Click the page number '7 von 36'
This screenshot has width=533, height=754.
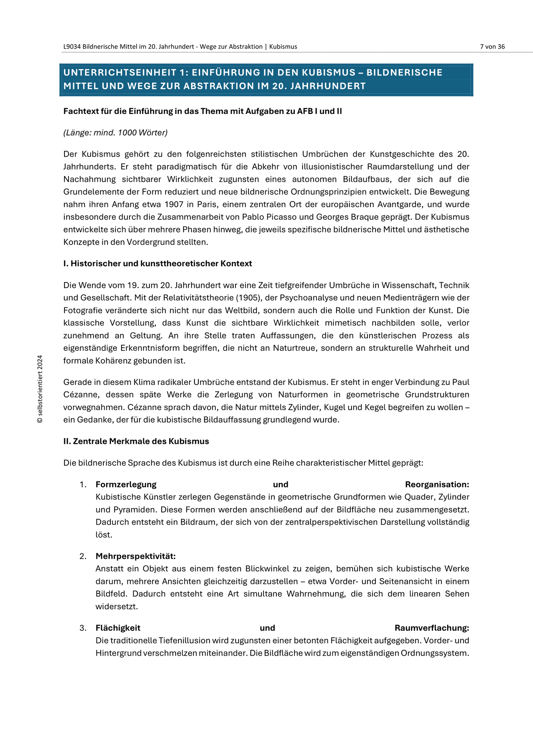492,47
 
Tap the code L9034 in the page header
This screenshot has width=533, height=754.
72,47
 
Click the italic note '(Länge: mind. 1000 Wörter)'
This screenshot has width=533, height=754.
115,133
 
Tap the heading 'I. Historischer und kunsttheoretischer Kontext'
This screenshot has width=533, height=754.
158,264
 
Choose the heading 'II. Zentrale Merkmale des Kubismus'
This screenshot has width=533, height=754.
136,441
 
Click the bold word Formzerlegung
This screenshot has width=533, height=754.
126,485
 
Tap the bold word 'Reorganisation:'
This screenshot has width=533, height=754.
437,485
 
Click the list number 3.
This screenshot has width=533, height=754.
82,628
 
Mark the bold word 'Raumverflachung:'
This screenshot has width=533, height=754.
432,628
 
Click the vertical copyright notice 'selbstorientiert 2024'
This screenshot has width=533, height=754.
40,389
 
